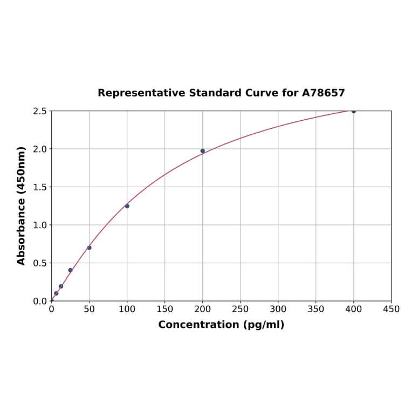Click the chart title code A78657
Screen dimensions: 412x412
pyautogui.click(x=323, y=93)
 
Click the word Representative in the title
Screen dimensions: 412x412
pyautogui.click(x=141, y=93)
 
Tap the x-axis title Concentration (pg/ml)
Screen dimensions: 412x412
pyautogui.click(x=221, y=325)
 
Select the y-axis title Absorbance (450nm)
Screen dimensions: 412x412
pyautogui.click(x=22, y=205)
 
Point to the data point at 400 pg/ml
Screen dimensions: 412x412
pyautogui.click(x=354, y=111)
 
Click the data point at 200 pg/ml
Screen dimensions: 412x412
pyautogui.click(x=203, y=151)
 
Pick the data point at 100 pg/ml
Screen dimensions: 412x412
pyautogui.click(x=127, y=206)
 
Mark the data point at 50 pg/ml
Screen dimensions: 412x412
pyautogui.click(x=90, y=248)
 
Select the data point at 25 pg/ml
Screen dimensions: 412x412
pyautogui.click(x=71, y=270)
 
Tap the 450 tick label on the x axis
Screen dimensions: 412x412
pyautogui.click(x=391, y=310)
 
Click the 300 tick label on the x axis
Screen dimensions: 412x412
pyautogui.click(x=278, y=310)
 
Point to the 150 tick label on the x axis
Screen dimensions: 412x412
pyautogui.click(x=165, y=310)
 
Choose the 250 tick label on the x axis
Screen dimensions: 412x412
pyautogui.click(x=240, y=310)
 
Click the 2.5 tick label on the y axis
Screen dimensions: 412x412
pyautogui.click(x=39, y=111)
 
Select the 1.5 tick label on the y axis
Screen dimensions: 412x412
pyautogui.click(x=39, y=187)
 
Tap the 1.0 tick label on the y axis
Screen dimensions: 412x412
pyautogui.click(x=39, y=225)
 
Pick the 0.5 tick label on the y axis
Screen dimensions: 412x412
pyautogui.click(x=39, y=263)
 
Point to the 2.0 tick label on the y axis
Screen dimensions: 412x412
pyautogui.click(x=39, y=149)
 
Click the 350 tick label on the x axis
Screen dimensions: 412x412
pyautogui.click(x=315, y=310)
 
